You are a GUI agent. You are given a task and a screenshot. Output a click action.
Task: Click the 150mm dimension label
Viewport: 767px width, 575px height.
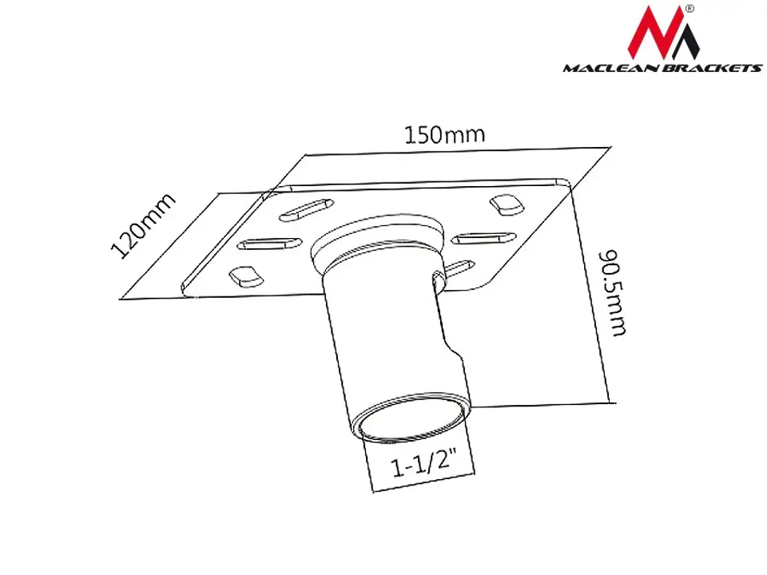click(445, 134)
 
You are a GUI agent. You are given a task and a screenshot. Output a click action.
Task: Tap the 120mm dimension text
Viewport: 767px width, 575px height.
click(143, 226)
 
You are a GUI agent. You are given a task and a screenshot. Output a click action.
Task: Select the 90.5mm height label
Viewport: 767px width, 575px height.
click(613, 293)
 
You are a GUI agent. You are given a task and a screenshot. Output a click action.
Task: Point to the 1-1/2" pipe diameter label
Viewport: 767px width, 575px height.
click(424, 464)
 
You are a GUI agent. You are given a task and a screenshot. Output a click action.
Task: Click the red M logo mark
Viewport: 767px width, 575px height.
click(663, 33)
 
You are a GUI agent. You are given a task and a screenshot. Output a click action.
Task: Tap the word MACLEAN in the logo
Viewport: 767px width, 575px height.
click(611, 68)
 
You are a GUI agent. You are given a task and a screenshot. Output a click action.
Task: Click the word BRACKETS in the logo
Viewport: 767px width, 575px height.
click(712, 68)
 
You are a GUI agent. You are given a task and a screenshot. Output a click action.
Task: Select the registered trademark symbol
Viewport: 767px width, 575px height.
click(690, 8)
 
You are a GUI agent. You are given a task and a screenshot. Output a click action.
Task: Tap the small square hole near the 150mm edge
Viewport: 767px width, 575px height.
click(507, 204)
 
